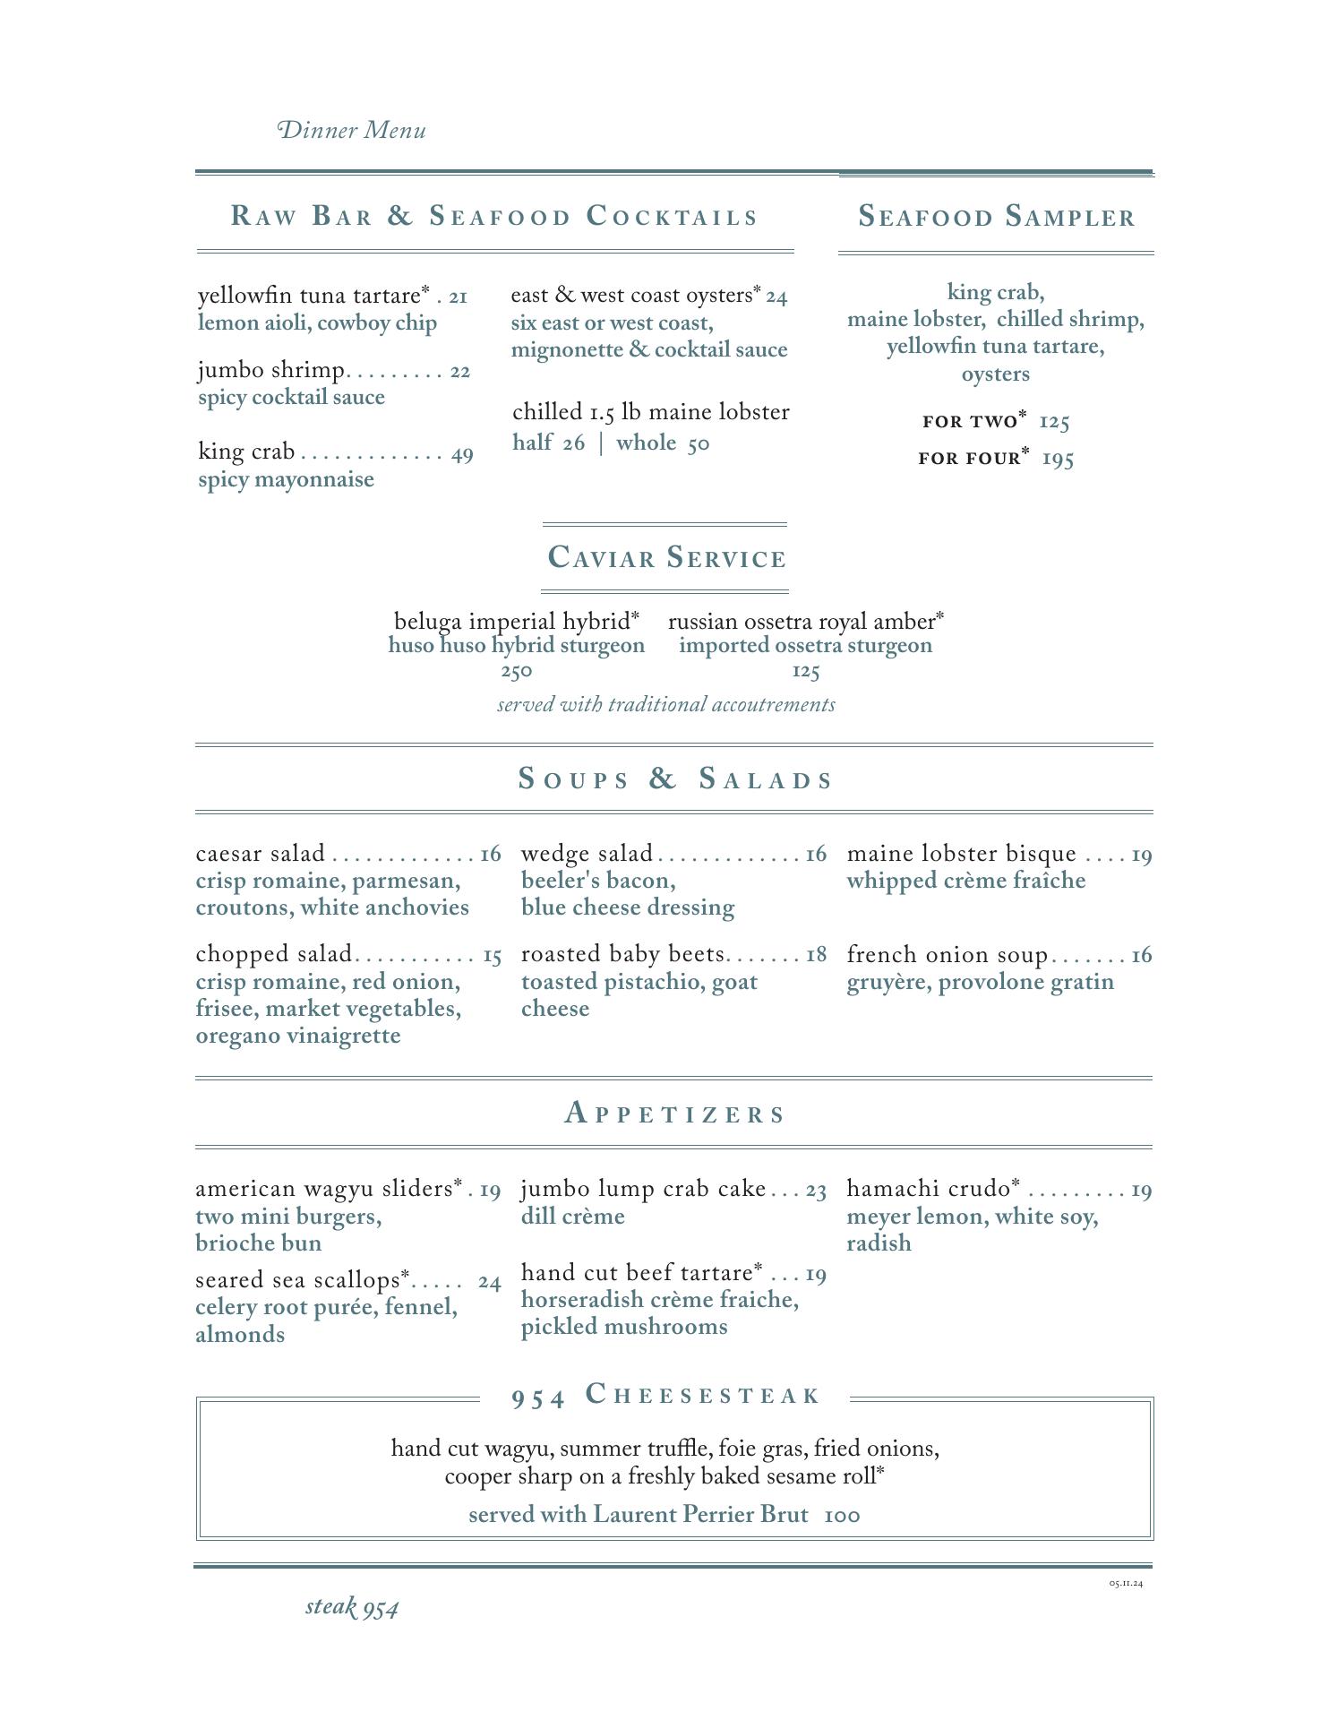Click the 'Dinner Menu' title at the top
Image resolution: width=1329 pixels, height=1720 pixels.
click(352, 131)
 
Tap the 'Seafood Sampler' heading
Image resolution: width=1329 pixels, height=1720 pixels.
click(996, 217)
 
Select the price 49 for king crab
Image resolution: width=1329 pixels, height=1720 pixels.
click(462, 454)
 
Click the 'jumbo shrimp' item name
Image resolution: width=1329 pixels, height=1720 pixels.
click(271, 370)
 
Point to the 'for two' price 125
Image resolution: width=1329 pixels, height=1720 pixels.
click(1055, 422)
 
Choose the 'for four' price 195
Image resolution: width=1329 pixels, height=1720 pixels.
click(1058, 460)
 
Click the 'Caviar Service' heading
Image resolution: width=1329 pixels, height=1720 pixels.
click(666, 558)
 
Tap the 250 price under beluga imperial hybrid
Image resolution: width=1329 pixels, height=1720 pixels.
click(517, 671)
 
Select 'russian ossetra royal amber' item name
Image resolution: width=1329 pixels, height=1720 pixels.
click(802, 622)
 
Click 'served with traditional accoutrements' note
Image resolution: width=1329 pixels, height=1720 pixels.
click(666, 705)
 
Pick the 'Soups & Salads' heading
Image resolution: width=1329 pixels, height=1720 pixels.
click(675, 778)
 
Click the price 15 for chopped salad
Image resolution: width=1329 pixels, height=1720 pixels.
click(492, 956)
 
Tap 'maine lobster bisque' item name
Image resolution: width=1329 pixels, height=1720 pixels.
click(961, 854)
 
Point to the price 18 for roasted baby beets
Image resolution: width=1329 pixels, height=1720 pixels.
click(816, 955)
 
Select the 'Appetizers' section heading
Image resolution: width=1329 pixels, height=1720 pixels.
click(675, 1114)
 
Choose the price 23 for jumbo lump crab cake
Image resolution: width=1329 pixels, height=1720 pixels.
click(816, 1191)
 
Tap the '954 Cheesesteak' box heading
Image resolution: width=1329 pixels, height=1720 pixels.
click(665, 1396)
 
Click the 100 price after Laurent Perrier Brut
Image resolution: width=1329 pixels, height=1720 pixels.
click(842, 1516)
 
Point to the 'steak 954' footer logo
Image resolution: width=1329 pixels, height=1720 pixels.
click(352, 1606)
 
